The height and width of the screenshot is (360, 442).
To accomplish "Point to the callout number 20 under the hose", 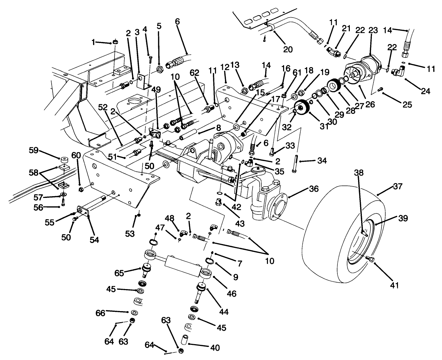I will point(288,49).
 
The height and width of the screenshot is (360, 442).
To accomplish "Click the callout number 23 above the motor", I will point(373,31).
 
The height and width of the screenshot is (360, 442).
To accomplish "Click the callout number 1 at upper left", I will point(93,42).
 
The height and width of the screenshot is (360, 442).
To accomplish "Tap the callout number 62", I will point(194,73).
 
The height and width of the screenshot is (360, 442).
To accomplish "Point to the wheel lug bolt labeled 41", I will point(370,259).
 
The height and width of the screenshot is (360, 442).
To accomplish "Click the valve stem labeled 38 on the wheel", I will point(364,233).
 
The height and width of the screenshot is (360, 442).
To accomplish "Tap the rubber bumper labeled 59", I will point(63,161).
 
